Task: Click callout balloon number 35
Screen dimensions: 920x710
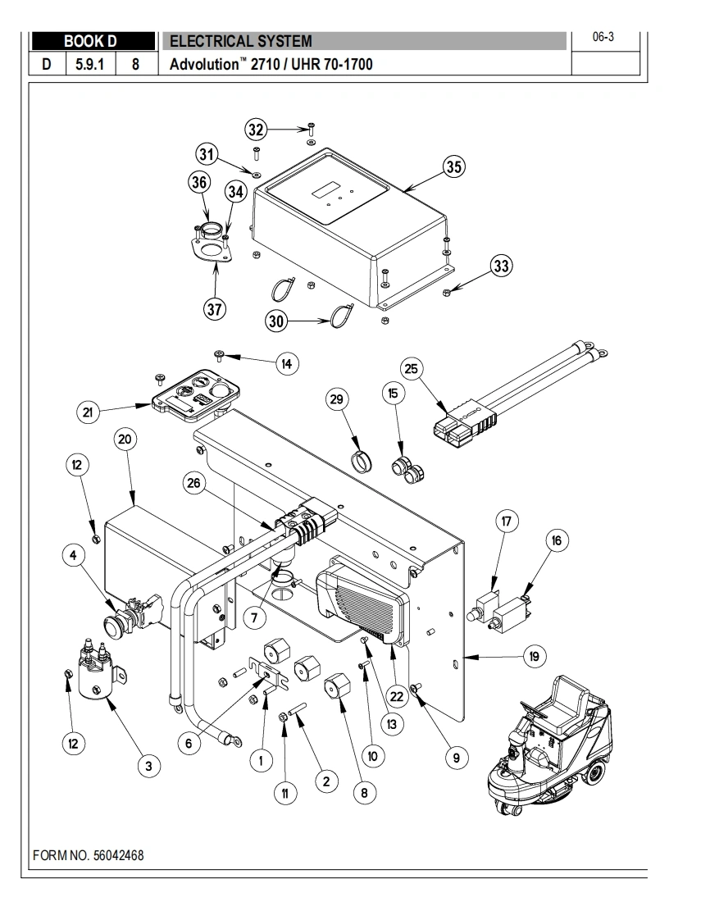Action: coord(453,166)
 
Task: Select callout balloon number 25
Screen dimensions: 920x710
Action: coord(412,369)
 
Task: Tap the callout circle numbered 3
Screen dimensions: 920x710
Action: coord(148,766)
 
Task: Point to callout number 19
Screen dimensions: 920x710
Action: coord(534,656)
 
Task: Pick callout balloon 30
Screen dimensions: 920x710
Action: coord(276,322)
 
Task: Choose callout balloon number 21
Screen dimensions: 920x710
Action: coord(88,412)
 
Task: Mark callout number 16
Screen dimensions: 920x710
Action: coord(557,540)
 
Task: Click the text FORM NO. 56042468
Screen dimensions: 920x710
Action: coord(89,855)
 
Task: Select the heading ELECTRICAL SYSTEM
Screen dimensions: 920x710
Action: coord(240,41)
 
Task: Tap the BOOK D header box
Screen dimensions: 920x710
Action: coord(91,41)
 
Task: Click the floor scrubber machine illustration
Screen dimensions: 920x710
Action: coord(548,746)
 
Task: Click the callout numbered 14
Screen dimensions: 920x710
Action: coord(286,363)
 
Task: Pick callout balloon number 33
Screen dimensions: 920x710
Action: coord(501,266)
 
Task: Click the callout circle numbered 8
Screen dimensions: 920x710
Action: coord(363,792)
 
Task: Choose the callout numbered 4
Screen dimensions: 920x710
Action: coord(74,556)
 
